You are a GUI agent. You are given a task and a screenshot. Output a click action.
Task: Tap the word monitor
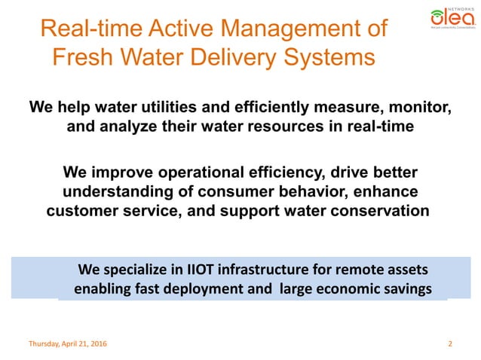(x=423, y=108)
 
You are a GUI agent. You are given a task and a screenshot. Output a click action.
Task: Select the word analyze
(x=127, y=127)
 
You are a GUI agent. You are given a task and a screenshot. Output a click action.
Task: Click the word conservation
(x=380, y=211)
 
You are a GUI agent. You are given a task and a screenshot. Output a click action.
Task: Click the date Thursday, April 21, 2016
(x=68, y=344)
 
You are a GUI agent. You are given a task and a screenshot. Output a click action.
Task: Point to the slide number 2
(x=450, y=344)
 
